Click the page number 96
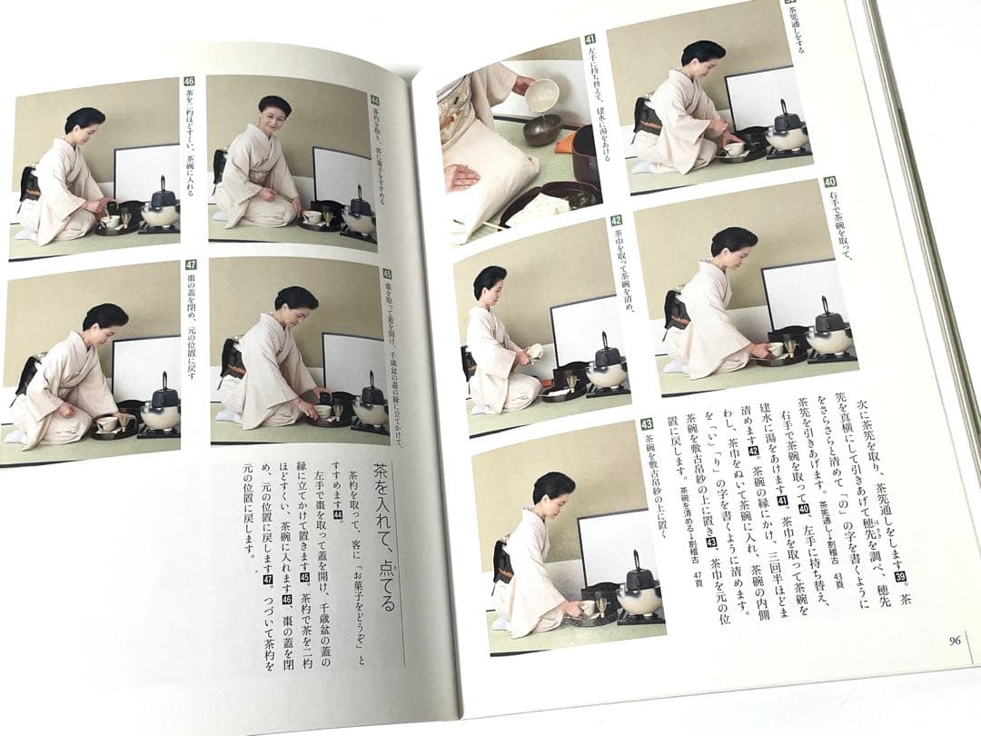point(954,640)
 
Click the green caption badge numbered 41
point(590,39)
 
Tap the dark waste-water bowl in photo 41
point(543,129)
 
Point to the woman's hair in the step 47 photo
point(106,315)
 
